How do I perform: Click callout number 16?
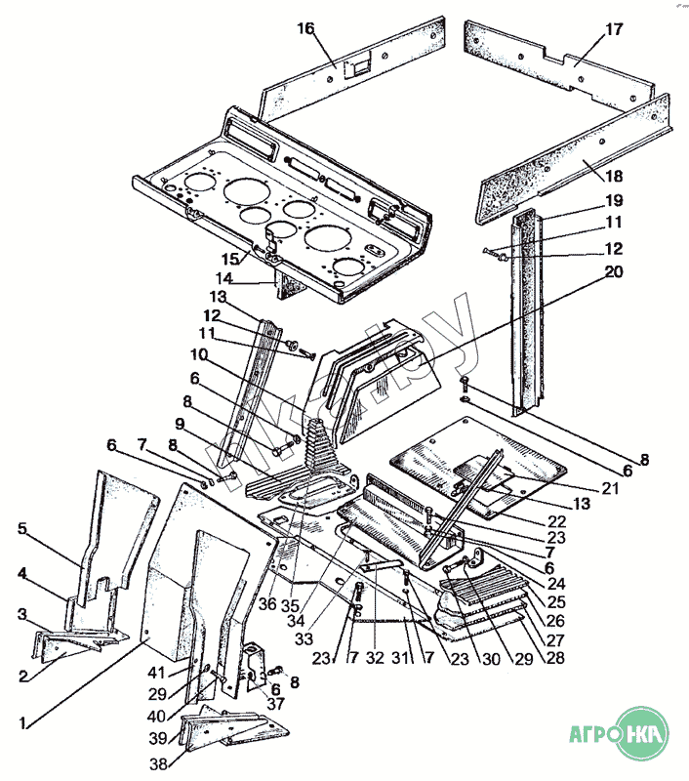[x=306, y=28]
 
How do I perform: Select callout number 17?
[x=614, y=28]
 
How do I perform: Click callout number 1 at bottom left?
[x=22, y=723]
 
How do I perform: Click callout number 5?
[x=22, y=530]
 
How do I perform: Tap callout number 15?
[x=228, y=259]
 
